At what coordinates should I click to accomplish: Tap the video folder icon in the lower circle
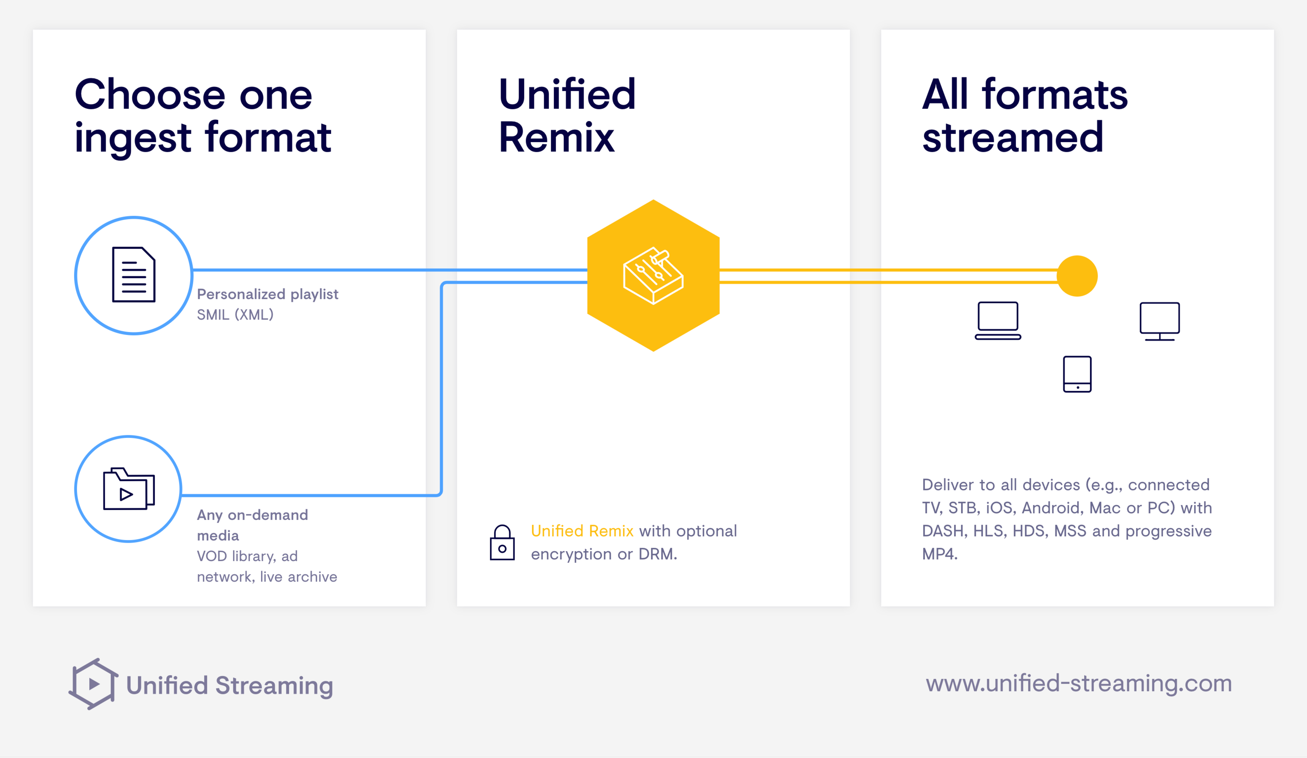point(129,489)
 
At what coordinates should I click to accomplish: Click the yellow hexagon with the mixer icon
point(653,275)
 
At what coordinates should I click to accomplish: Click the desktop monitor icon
point(1160,322)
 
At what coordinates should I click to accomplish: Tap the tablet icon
point(1077,374)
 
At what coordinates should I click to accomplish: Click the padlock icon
point(502,542)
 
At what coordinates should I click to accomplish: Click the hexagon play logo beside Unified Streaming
point(93,684)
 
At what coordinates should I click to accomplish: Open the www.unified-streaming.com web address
point(1079,683)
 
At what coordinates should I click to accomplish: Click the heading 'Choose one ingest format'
point(203,116)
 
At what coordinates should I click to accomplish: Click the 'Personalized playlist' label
point(268,294)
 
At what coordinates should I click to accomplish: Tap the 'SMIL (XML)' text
point(235,314)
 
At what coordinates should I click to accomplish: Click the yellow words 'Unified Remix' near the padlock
point(582,531)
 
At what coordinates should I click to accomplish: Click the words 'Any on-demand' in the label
point(253,515)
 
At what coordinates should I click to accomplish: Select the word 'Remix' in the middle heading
point(556,137)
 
